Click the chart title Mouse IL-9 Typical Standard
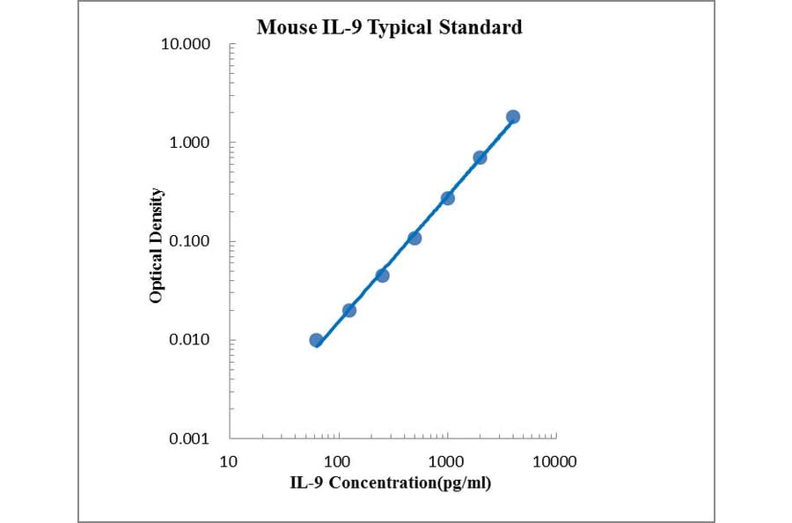[x=389, y=27]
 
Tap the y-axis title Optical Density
[x=156, y=246]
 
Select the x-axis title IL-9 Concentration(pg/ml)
[x=391, y=482]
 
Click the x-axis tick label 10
[x=229, y=461]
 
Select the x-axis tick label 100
[x=337, y=461]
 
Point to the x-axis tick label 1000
[x=446, y=461]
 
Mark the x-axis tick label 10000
[x=555, y=461]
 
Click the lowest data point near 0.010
[x=316, y=340]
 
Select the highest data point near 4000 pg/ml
[x=513, y=116]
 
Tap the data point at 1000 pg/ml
[x=447, y=198]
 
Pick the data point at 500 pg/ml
[x=414, y=238]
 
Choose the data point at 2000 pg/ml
[x=480, y=158]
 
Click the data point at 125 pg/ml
[x=349, y=310]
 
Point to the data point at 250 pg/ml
[x=382, y=275]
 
